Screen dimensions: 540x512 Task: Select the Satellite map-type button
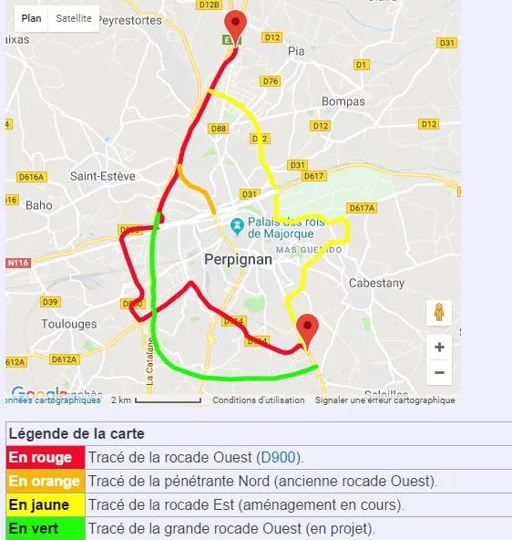point(73,18)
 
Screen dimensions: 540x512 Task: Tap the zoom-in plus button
point(439,347)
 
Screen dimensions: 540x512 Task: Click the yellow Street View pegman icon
point(439,313)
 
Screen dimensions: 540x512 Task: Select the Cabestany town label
point(376,284)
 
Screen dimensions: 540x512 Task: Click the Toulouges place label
point(70,324)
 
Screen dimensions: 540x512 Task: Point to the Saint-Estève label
point(103,176)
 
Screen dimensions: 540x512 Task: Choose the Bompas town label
point(343,101)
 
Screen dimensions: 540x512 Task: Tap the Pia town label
point(296,51)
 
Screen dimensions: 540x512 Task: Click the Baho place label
point(39,205)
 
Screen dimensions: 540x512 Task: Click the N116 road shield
point(17,263)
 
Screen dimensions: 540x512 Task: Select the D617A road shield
point(362,209)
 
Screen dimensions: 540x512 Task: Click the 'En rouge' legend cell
point(45,457)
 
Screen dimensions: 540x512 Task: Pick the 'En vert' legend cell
point(45,528)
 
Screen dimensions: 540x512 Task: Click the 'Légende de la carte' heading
point(76,433)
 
